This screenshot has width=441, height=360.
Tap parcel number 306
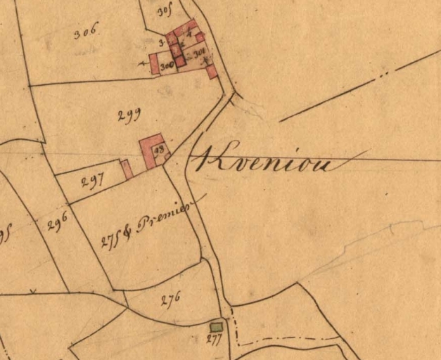tap(86, 30)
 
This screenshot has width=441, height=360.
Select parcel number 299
tap(129, 116)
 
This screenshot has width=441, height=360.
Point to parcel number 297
tap(92, 181)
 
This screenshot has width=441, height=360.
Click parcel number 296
tap(57, 224)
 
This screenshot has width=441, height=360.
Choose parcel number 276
tap(170, 298)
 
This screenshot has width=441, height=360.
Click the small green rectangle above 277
tap(217, 326)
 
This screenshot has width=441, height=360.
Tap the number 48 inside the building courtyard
tap(158, 150)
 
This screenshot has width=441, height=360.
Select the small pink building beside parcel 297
tap(127, 169)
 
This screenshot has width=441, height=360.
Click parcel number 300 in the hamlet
tap(167, 65)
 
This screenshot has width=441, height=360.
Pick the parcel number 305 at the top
tap(165, 12)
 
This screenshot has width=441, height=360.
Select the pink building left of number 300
tap(154, 64)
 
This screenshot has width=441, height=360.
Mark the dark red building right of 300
tap(180, 61)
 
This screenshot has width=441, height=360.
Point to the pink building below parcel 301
tap(211, 71)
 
